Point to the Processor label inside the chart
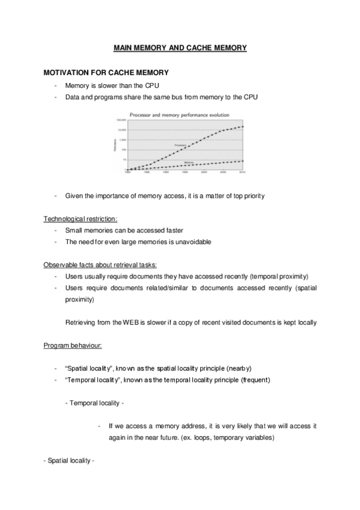[x=180, y=145]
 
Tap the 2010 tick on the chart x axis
[x=242, y=172]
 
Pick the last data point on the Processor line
[x=242, y=126]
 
